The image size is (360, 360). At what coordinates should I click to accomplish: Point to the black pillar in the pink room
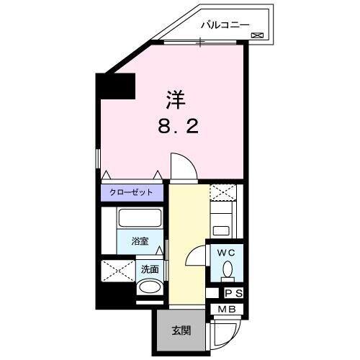pos(117,86)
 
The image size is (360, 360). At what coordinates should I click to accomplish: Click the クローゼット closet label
pos(131,193)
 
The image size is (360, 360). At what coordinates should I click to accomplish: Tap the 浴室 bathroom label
pos(140,241)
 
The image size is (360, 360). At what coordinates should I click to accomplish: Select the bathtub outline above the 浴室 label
pos(140,219)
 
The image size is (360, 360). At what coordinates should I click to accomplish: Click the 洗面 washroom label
pos(149,270)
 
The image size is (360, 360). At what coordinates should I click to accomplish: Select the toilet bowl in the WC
pos(228,270)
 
